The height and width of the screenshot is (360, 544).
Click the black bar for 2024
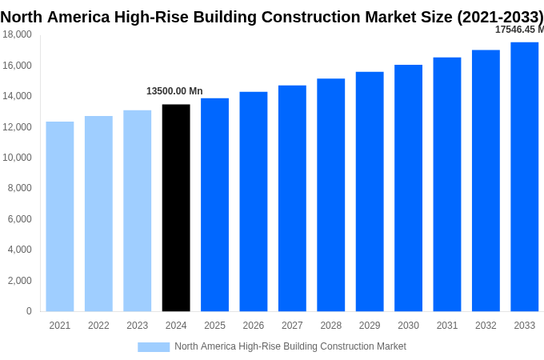pos(176,208)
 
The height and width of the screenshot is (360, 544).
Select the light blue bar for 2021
pos(60,216)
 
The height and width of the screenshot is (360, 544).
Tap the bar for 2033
pos(524,177)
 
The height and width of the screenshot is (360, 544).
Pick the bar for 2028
pos(330,195)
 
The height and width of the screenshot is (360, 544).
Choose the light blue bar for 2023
pos(137,210)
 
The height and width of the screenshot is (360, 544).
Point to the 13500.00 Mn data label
pos(174,91)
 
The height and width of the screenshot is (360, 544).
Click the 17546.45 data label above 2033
pos(518,30)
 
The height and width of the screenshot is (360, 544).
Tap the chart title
pos(272,17)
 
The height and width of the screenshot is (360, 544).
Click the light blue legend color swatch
pos(154,346)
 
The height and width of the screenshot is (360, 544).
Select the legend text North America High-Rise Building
pos(290,346)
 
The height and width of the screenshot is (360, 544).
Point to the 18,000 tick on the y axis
pos(17,34)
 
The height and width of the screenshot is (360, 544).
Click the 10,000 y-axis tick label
pos(17,158)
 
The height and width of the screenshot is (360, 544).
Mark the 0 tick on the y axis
pos(29,311)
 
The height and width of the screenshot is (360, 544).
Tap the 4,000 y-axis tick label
pos(19,250)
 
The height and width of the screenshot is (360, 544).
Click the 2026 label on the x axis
pos(253,326)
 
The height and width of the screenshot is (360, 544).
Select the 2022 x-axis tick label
pos(98,326)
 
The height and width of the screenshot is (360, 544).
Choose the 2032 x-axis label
pos(486,326)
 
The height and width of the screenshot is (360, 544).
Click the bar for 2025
pos(214,205)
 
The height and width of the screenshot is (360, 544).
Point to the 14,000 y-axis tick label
pos(17,96)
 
